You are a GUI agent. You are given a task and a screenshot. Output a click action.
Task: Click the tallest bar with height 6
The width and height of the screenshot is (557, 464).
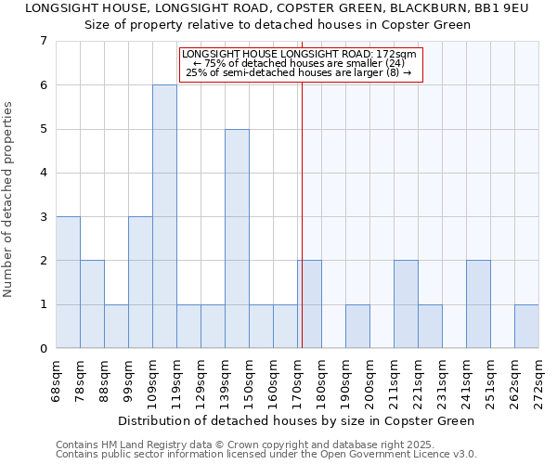click(164, 216)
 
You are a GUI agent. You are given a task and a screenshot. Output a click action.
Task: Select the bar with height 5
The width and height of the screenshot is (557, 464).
click(237, 238)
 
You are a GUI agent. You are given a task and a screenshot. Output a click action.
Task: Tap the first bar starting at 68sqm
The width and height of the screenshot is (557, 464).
click(68, 282)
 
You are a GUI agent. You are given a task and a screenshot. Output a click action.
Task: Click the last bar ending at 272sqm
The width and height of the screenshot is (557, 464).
click(526, 326)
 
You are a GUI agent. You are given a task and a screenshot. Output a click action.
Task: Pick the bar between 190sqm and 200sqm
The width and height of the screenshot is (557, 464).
click(357, 326)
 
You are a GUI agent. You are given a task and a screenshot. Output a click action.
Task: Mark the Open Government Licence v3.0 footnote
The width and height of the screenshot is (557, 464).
click(266, 455)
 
